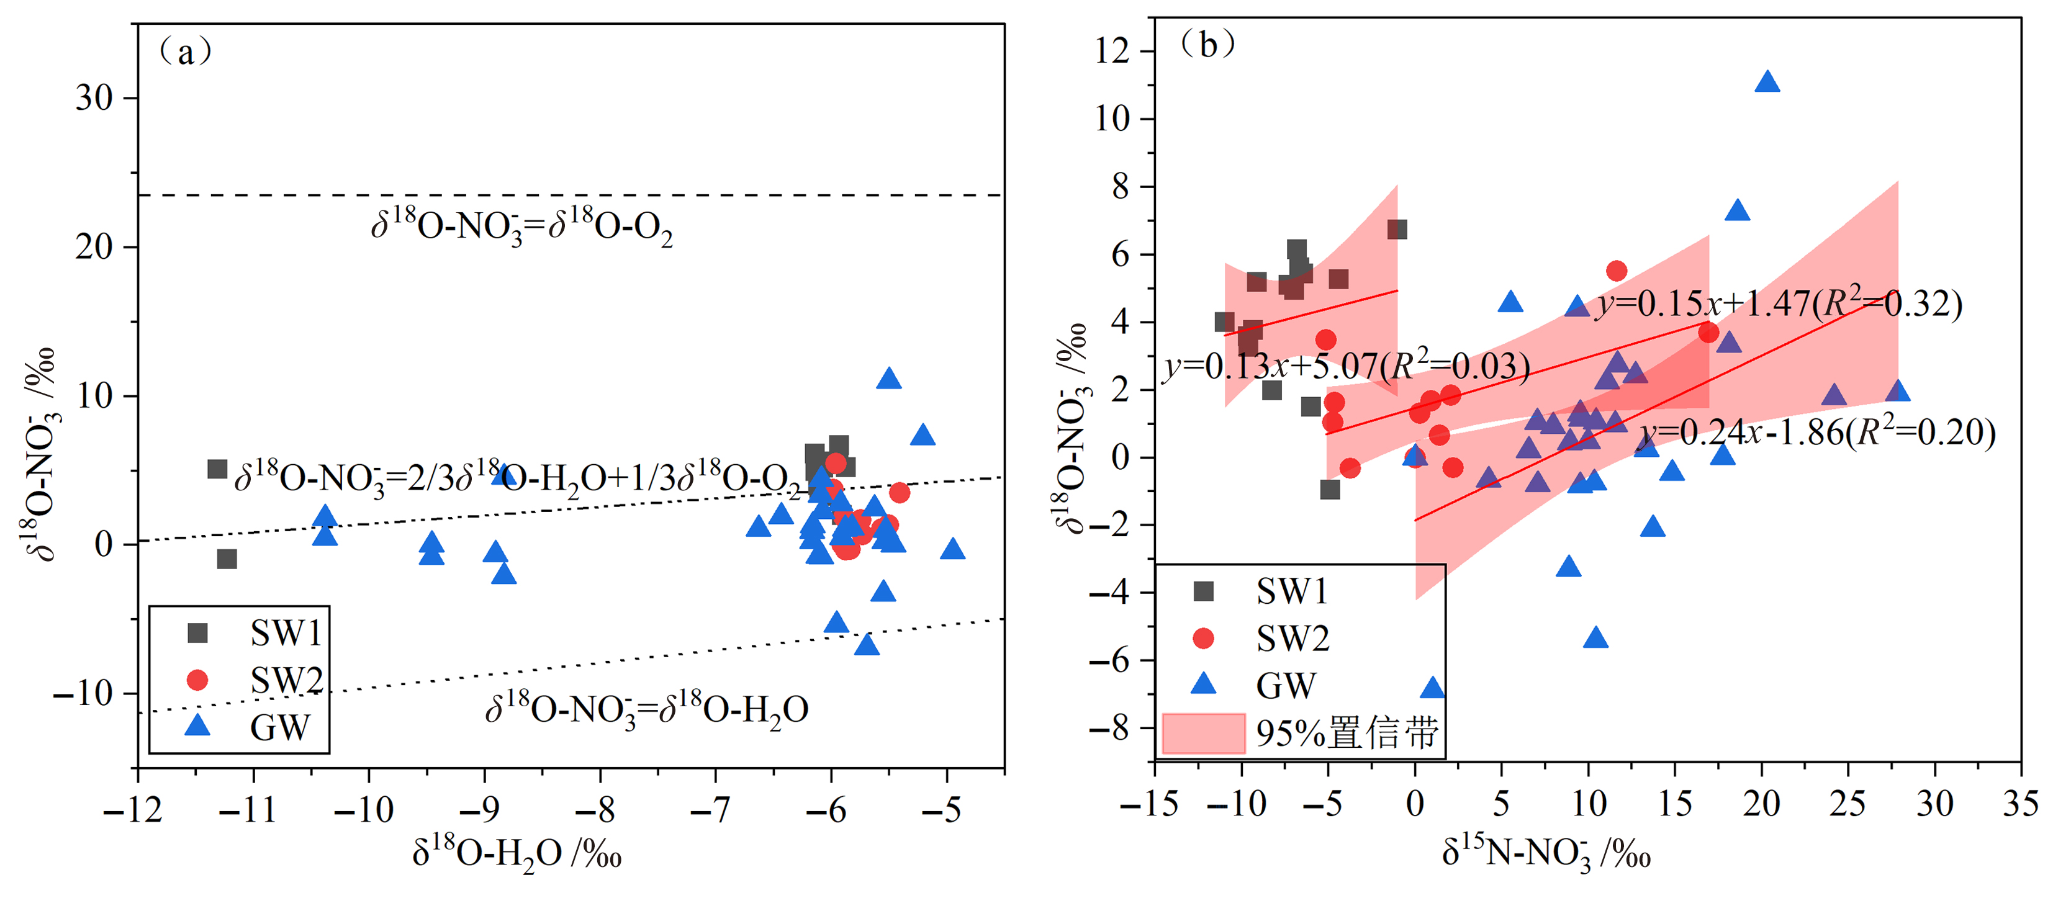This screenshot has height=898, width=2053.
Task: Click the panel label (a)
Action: pos(185,53)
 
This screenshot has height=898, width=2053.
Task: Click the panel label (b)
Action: pos(1207,45)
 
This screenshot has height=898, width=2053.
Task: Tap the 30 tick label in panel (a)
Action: pos(94,98)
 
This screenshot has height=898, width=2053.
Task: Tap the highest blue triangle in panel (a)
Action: pos(888,379)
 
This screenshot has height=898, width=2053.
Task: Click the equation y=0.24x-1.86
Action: pos(1817,433)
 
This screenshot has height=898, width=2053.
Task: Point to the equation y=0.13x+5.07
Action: pos(1347,367)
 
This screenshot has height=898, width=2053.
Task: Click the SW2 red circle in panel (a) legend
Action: pos(197,680)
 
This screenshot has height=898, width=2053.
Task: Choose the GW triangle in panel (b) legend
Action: pos(1202,684)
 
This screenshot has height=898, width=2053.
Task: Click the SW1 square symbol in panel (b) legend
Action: pos(1202,591)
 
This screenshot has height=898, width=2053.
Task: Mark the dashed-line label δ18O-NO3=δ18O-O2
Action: pos(522,227)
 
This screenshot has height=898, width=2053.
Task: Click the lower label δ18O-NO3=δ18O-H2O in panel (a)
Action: pos(646,708)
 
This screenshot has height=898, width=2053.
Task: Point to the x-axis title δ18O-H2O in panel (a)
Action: pos(517,854)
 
